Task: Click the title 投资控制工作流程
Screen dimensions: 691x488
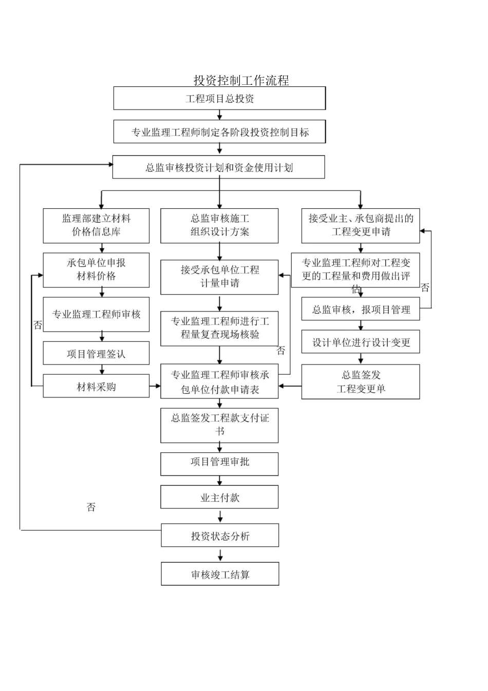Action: click(x=241, y=80)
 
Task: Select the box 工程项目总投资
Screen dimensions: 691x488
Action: click(x=219, y=98)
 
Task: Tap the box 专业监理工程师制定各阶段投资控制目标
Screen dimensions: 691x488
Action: click(x=219, y=132)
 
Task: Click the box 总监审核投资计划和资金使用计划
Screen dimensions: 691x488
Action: click(x=218, y=168)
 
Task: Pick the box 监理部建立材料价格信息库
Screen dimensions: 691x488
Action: click(x=96, y=226)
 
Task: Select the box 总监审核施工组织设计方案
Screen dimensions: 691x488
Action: click(x=219, y=226)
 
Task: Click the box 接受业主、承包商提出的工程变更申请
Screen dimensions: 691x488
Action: click(x=360, y=226)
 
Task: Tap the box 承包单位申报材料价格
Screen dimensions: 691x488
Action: click(x=96, y=270)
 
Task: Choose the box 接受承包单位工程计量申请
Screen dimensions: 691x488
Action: click(x=219, y=277)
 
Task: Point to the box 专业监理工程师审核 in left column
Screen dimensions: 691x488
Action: click(x=96, y=314)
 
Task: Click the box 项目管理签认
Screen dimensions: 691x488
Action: click(x=96, y=354)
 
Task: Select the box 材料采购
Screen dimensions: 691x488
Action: click(x=96, y=386)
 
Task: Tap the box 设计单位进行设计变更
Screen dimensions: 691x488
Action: click(x=360, y=342)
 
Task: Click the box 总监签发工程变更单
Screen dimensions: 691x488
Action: click(x=360, y=382)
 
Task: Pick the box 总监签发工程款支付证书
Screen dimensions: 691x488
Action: click(x=219, y=425)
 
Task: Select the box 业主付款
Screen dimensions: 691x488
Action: click(x=219, y=497)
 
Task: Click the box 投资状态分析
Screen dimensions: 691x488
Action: click(x=220, y=536)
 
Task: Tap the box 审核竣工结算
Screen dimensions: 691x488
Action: click(x=220, y=574)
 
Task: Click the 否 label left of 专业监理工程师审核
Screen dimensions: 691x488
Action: click(x=37, y=325)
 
